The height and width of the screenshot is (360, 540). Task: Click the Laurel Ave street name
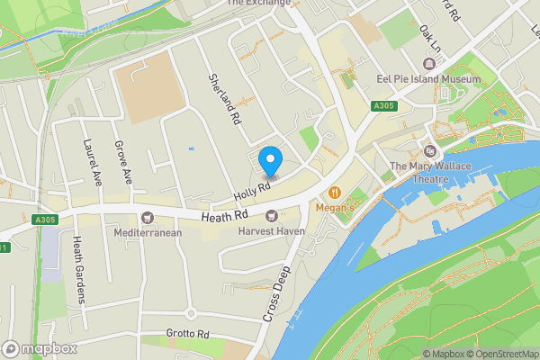(92, 158)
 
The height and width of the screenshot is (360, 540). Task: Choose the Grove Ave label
(122, 162)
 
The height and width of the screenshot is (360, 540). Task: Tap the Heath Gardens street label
(78, 269)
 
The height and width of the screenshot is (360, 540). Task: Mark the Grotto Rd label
(187, 334)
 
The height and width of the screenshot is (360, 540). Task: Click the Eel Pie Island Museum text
(428, 79)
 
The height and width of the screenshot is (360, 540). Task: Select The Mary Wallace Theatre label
(418, 172)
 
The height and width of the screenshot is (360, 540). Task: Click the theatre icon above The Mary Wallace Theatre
(429, 151)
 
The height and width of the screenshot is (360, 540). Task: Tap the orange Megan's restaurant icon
(335, 192)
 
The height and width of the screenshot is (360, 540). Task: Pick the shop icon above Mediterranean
(148, 218)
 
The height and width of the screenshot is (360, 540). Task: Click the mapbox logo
(37, 348)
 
